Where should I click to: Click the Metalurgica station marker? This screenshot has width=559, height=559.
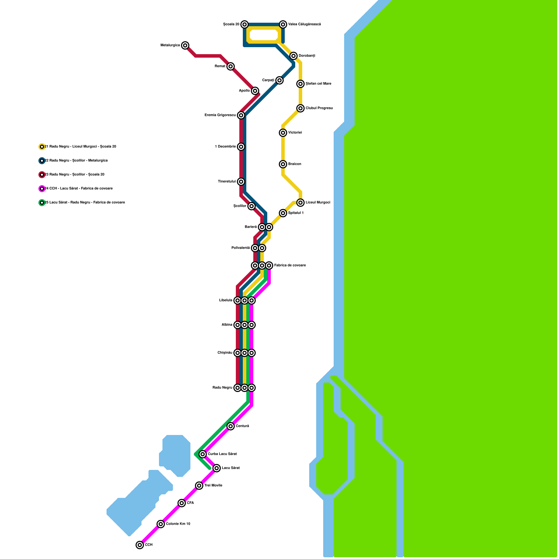pyautogui.click(x=185, y=45)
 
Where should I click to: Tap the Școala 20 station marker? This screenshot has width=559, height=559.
pyautogui.click(x=245, y=24)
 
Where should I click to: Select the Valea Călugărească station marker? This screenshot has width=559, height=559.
pyautogui.click(x=283, y=24)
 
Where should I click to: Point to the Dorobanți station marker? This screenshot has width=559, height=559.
pyautogui.click(x=293, y=56)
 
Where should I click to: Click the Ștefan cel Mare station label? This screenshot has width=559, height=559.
pyautogui.click(x=318, y=84)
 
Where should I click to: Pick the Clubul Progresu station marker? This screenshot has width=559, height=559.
pyautogui.click(x=300, y=108)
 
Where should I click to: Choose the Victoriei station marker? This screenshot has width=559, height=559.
pyautogui.click(x=283, y=133)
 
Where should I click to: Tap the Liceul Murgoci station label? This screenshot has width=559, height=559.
pyautogui.click(x=318, y=203)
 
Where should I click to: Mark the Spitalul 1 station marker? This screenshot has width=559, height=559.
pyautogui.click(x=283, y=213)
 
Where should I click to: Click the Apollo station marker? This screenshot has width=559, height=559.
pyautogui.click(x=255, y=91)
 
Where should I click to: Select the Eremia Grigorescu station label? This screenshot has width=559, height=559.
pyautogui.click(x=220, y=115)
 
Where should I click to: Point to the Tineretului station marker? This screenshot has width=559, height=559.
pyautogui.click(x=241, y=182)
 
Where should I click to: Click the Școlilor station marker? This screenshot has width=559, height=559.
pyautogui.click(x=252, y=206)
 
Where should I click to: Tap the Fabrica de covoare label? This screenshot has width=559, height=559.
pyautogui.click(x=290, y=266)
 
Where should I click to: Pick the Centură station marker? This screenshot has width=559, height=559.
pyautogui.click(x=231, y=426)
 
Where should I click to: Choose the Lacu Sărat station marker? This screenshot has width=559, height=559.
pyautogui.click(x=217, y=468)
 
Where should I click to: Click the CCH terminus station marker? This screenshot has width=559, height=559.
pyautogui.click(x=140, y=545)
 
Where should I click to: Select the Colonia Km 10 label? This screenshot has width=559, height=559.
pyautogui.click(x=178, y=524)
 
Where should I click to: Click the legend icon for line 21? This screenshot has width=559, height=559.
pyautogui.click(x=42, y=147)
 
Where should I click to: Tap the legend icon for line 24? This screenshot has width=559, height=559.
pyautogui.click(x=42, y=189)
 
